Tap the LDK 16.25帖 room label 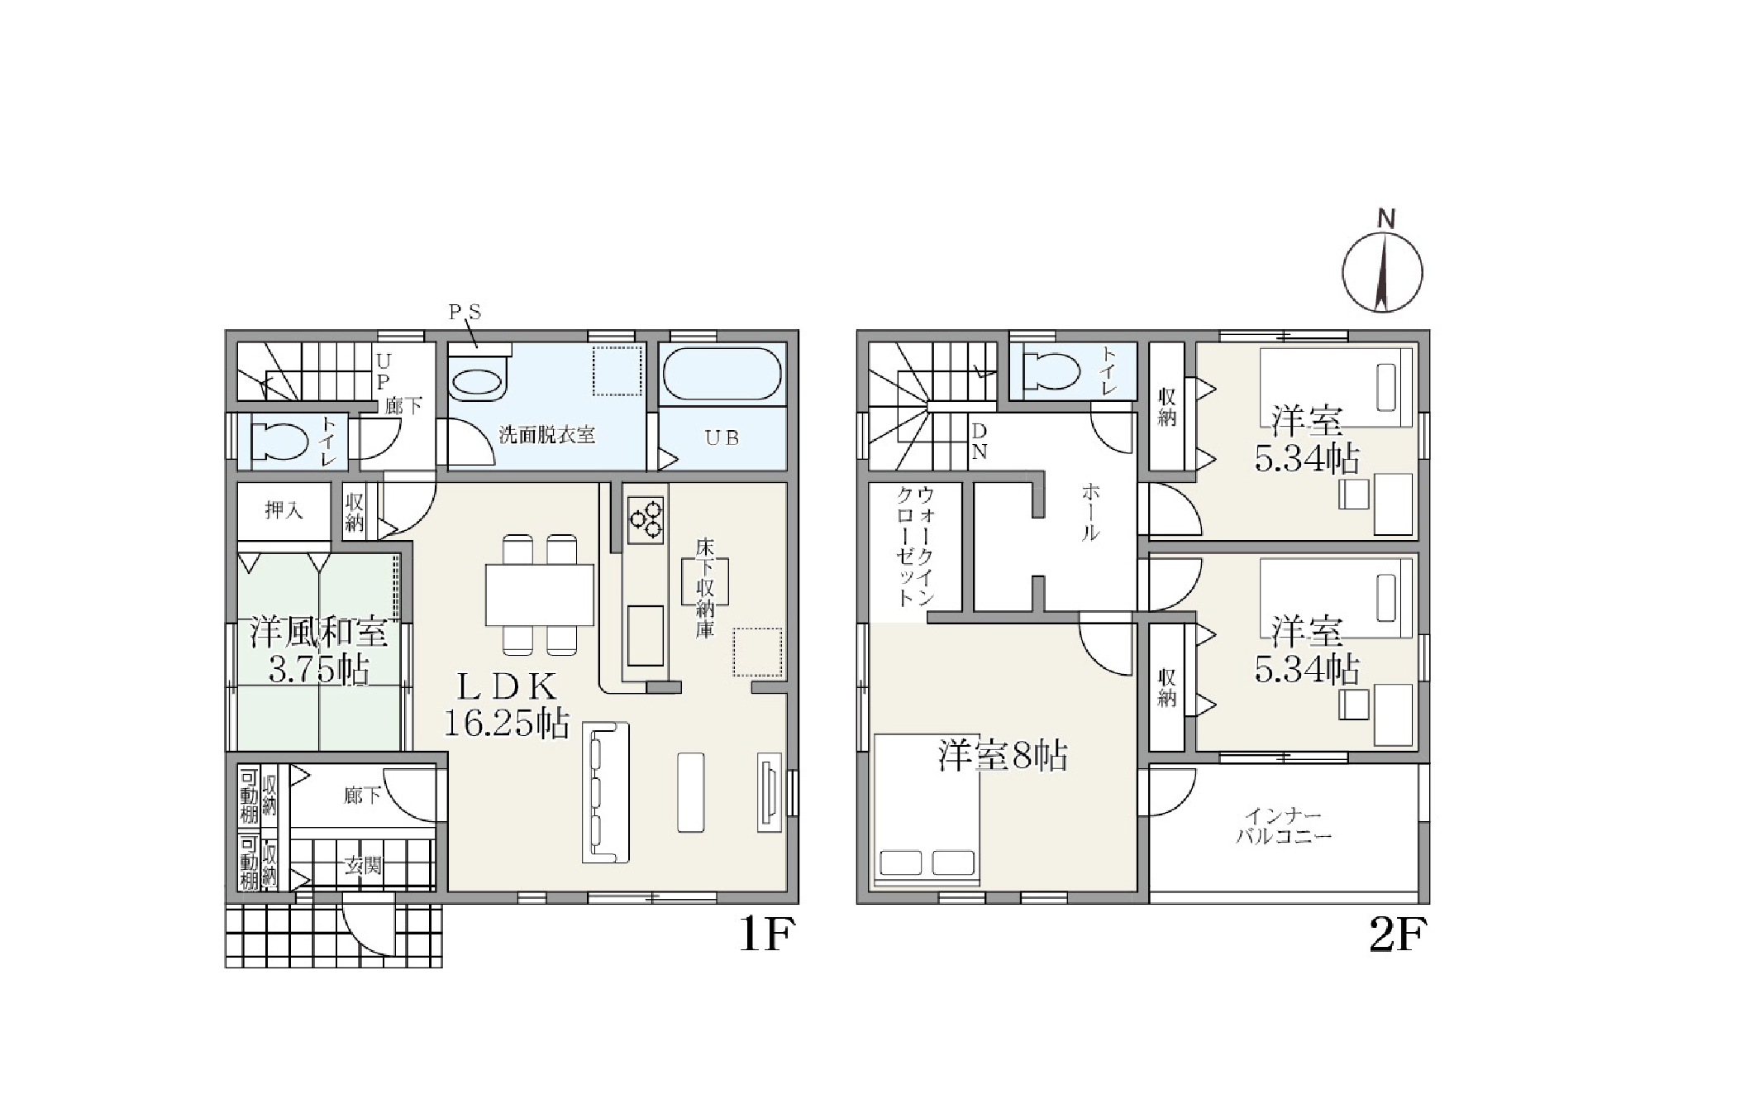(x=508, y=705)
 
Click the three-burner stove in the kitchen (x=645, y=519)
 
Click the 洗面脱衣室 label (x=546, y=435)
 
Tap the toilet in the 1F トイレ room (x=277, y=442)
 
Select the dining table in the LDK (x=539, y=595)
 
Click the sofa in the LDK (x=606, y=793)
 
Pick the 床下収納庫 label (x=704, y=588)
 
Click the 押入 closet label (x=284, y=510)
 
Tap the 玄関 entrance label (x=363, y=866)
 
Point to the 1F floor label (x=765, y=934)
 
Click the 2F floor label (x=1398, y=935)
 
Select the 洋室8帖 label (x=1003, y=756)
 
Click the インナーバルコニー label (x=1284, y=826)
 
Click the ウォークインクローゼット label (x=915, y=547)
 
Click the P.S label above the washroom (x=465, y=313)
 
